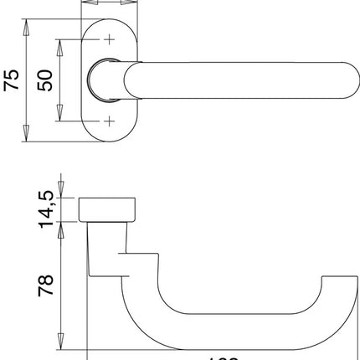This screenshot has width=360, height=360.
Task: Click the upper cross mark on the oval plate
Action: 110,39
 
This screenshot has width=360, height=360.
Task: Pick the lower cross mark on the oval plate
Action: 110,121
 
